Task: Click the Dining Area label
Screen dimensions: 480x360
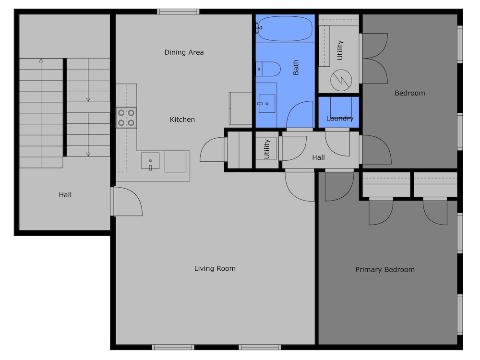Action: (x=184, y=52)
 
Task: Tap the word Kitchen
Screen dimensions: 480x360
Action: (x=182, y=120)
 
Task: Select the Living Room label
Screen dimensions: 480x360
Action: (x=215, y=268)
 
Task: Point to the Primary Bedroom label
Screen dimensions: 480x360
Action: (x=385, y=270)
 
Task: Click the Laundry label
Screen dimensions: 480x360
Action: (x=340, y=119)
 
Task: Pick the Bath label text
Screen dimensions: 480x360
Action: (x=296, y=67)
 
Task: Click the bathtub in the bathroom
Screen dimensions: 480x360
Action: (x=285, y=28)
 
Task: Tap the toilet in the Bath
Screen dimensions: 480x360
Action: (x=268, y=69)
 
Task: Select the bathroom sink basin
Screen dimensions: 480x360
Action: (x=266, y=104)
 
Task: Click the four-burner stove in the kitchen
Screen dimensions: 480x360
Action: (x=126, y=118)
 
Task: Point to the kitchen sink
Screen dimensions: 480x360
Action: (x=150, y=161)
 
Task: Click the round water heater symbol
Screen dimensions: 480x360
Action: (x=341, y=80)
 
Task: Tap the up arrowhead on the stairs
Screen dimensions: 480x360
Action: (x=41, y=60)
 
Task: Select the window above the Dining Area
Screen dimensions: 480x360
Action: (x=178, y=12)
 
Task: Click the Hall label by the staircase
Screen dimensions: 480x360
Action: (x=65, y=195)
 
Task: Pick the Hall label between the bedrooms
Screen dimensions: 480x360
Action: (x=318, y=157)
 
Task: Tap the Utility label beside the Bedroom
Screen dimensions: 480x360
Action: (x=340, y=50)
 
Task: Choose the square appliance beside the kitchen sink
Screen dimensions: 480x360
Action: (x=175, y=161)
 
